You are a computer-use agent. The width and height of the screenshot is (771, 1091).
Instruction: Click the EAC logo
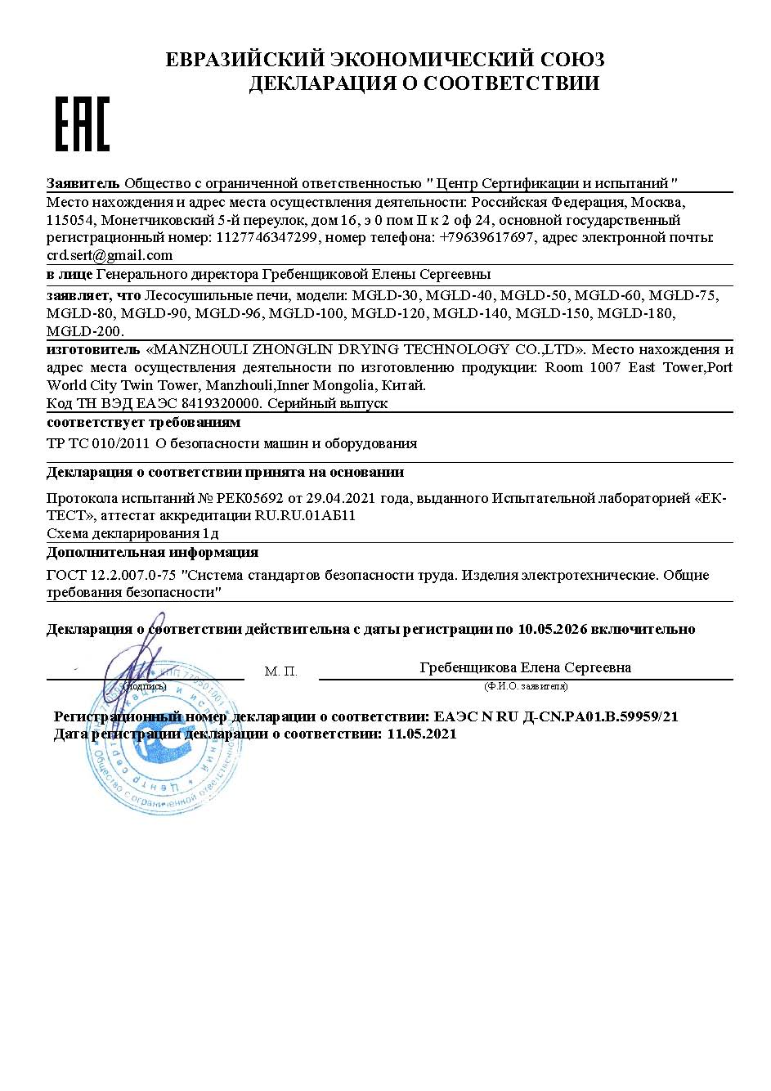pos(82,123)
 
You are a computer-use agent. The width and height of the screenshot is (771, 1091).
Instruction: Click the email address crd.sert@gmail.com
pos(110,254)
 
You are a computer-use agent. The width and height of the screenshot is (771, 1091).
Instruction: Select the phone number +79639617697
pos(487,237)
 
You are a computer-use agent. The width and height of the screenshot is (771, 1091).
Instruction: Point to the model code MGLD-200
pos(84,331)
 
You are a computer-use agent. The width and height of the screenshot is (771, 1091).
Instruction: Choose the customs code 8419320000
pos(218,403)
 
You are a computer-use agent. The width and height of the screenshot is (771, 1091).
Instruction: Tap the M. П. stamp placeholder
pos(280,671)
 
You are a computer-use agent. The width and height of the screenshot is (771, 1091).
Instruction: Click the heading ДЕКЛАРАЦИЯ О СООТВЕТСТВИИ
pos(424,83)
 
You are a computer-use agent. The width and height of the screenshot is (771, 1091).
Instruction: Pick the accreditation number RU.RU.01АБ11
pos(305,515)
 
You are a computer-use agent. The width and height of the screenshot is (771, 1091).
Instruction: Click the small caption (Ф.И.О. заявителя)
pos(526,685)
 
